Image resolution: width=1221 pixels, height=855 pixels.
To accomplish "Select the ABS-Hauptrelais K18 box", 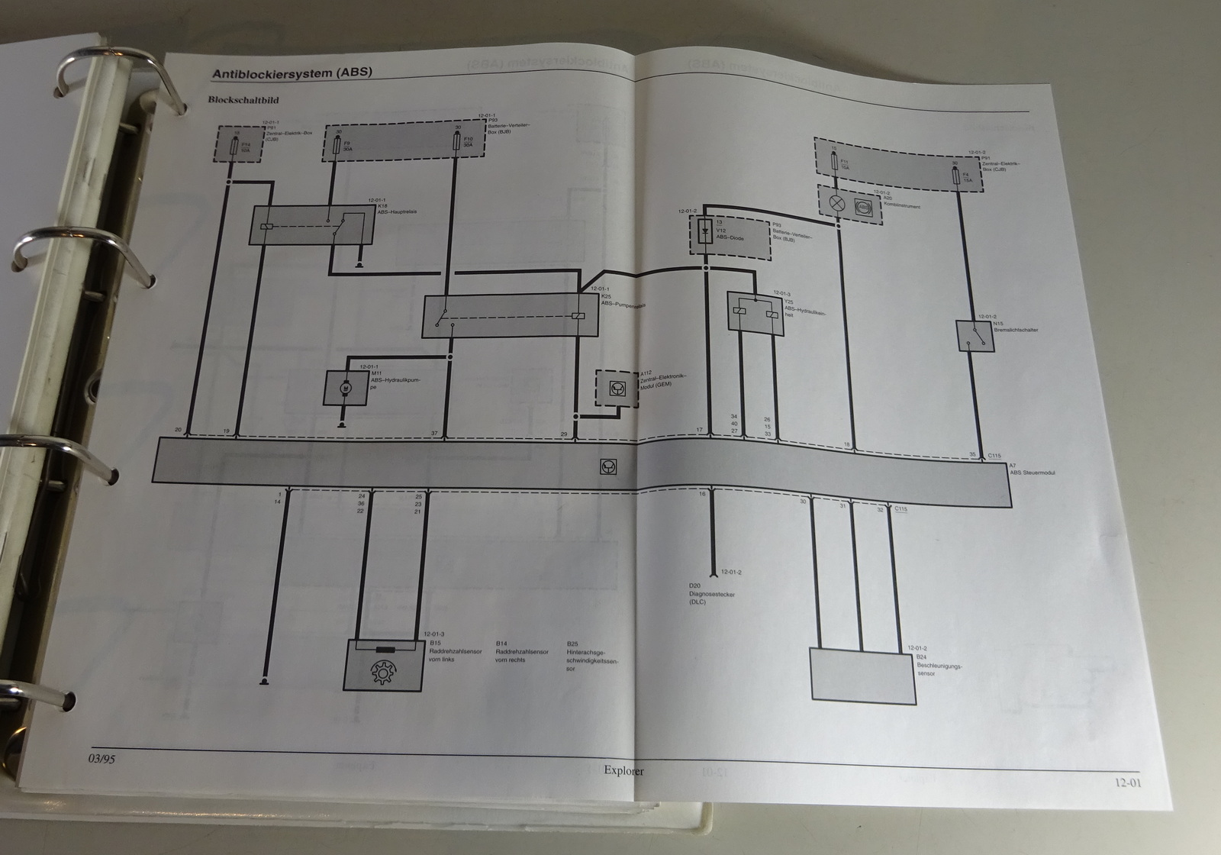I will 311,225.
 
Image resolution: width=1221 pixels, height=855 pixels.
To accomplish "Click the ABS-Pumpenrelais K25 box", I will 510,316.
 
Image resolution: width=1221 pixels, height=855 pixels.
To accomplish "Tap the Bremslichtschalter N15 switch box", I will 975,336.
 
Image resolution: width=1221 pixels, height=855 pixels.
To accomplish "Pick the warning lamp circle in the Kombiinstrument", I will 836,204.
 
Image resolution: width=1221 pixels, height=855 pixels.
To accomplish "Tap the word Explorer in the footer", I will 623,771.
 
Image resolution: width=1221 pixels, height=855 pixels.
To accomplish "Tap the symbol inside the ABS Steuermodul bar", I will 609,467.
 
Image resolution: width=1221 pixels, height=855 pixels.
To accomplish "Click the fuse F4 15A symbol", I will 958,179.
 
